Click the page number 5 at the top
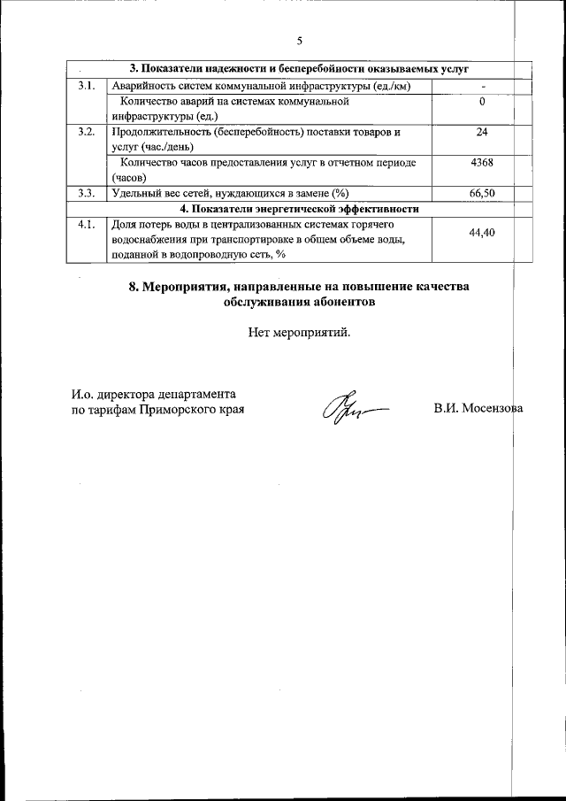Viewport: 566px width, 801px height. point(300,41)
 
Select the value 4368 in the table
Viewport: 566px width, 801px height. point(482,163)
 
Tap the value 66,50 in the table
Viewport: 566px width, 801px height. point(482,193)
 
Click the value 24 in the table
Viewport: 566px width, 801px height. point(482,132)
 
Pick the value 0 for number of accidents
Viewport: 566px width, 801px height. point(482,102)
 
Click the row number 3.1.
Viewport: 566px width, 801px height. point(86,86)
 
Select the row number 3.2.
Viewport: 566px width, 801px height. point(86,132)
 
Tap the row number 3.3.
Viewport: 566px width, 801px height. point(86,193)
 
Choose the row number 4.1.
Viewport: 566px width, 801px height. point(86,224)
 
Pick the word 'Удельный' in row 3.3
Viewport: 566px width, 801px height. point(135,193)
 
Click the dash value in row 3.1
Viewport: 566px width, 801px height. point(482,86)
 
